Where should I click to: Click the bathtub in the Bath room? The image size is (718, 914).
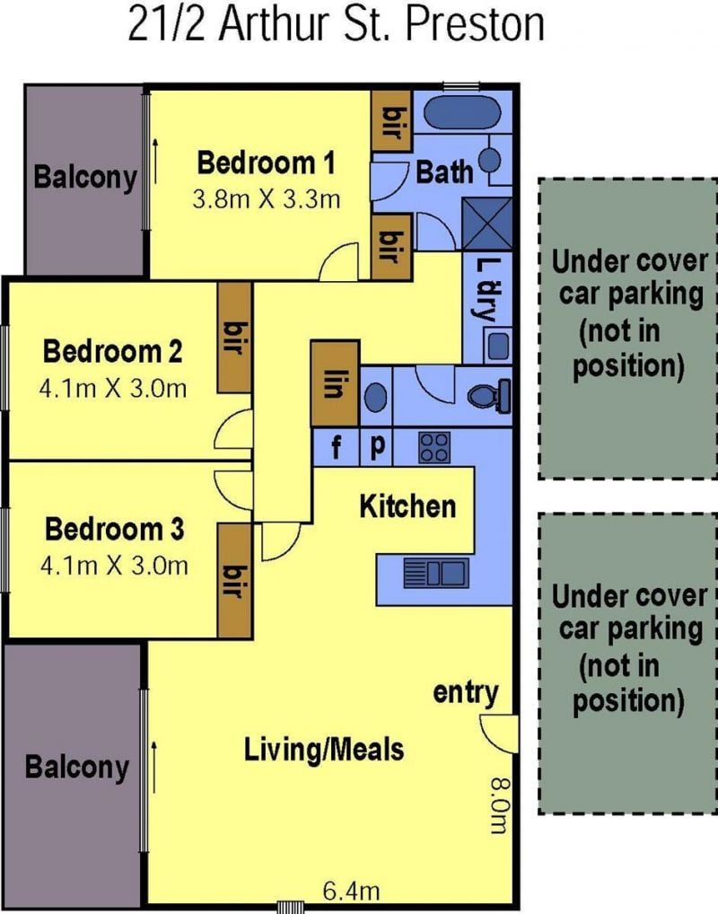[461, 113]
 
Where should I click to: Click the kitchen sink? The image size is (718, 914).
[436, 573]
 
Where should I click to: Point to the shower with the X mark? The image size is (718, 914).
[486, 224]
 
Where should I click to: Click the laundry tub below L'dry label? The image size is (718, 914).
[497, 346]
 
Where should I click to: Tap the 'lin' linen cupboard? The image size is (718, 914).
[335, 383]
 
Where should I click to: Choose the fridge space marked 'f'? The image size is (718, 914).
[336, 447]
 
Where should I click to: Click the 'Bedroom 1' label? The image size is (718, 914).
[267, 163]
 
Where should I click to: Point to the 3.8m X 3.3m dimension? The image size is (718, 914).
[267, 200]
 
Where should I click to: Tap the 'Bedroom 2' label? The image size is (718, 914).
[112, 351]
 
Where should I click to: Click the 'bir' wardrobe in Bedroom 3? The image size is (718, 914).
[234, 581]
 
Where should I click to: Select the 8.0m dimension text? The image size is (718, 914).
[500, 806]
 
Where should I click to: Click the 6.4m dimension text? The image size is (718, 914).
[352, 891]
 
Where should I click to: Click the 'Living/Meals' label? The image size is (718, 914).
[323, 750]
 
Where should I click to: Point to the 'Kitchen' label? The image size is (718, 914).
[407, 506]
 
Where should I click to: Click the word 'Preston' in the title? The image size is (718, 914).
[475, 24]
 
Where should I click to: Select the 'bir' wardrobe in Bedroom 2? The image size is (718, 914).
[234, 337]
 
